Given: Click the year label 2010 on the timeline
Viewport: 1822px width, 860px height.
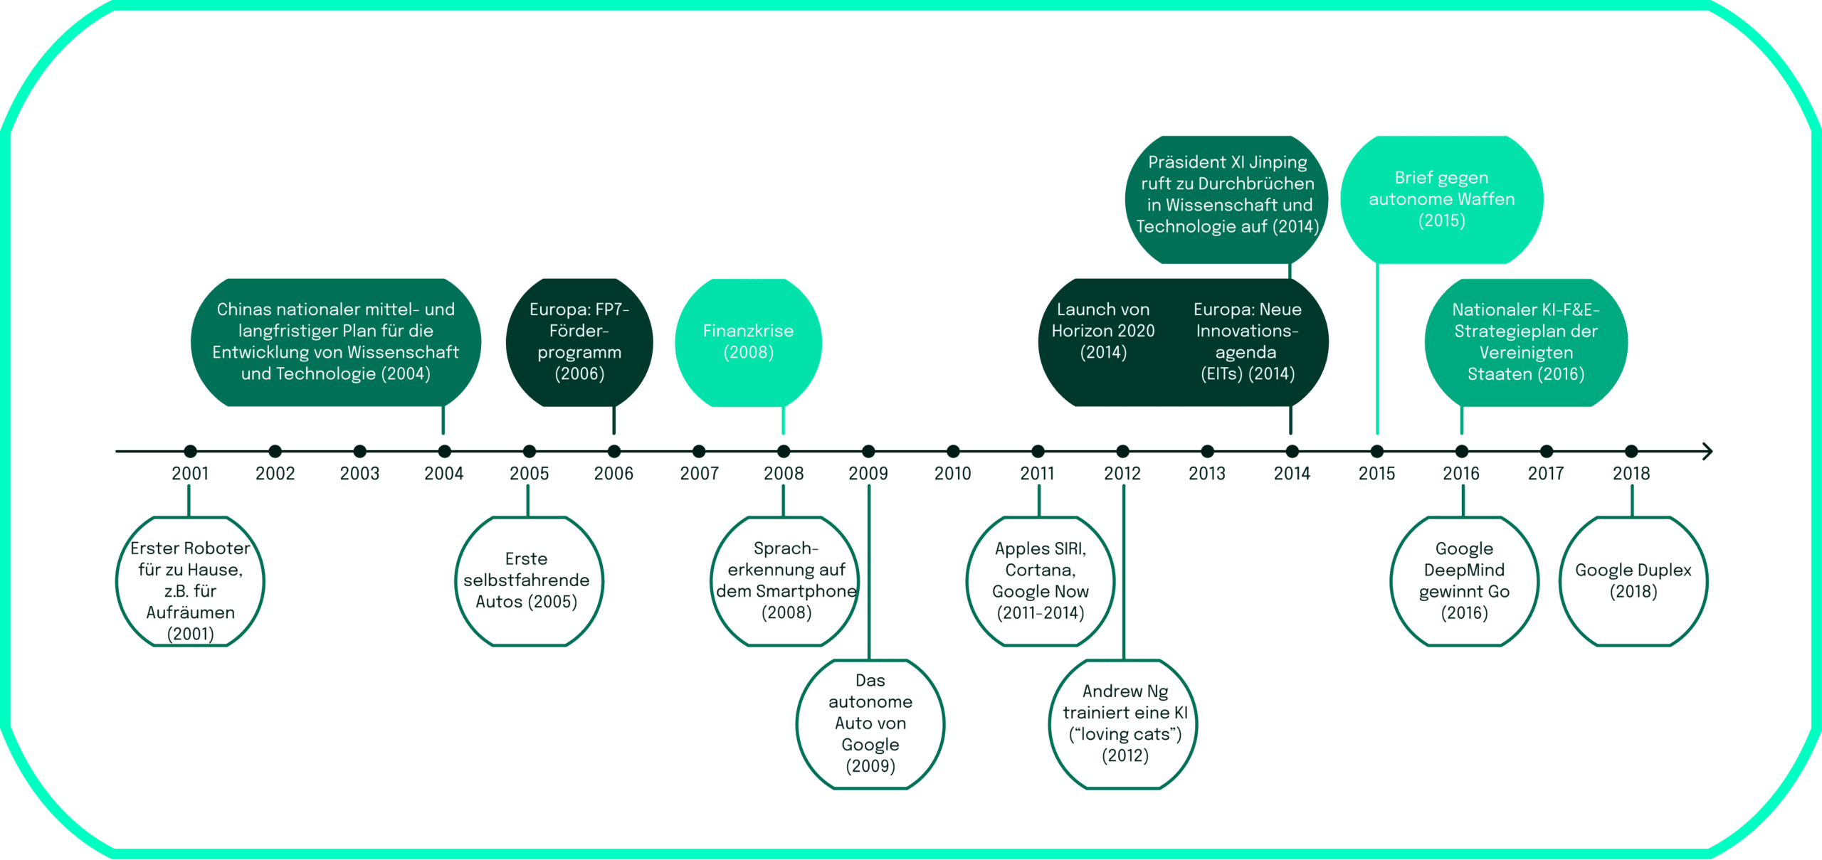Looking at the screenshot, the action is click(x=952, y=473).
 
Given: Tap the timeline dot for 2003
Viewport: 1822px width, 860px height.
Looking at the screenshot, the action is click(x=359, y=451).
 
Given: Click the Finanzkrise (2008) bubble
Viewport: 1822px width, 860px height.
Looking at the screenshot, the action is click(x=748, y=342).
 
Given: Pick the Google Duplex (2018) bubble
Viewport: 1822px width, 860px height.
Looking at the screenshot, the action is click(x=1633, y=581).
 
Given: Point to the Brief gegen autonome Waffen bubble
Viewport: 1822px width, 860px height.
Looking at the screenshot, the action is click(x=1441, y=199).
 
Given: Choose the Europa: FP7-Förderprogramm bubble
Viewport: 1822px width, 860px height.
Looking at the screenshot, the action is click(x=579, y=342).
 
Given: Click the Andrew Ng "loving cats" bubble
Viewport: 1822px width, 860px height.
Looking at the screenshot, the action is click(x=1124, y=724).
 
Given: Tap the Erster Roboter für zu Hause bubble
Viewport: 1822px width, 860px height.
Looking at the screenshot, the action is click(x=190, y=581).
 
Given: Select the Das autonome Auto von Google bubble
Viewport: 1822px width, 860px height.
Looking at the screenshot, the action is click(x=870, y=724).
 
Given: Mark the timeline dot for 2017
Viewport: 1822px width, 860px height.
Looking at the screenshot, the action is click(x=1546, y=451).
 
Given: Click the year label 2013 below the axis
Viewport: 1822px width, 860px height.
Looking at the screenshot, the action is click(x=1207, y=473).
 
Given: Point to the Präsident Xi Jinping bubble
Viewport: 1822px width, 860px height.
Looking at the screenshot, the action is click(x=1226, y=199).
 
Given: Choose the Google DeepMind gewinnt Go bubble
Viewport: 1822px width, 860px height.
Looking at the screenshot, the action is click(x=1464, y=581).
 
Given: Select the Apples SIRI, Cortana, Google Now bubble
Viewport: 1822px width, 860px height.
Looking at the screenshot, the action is click(x=1040, y=581).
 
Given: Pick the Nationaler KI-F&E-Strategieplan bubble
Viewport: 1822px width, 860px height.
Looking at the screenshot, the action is click(x=1526, y=342).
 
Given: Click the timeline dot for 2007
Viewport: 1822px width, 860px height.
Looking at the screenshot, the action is click(x=699, y=451).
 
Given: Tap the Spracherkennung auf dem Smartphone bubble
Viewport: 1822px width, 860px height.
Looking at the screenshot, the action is click(x=784, y=581).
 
